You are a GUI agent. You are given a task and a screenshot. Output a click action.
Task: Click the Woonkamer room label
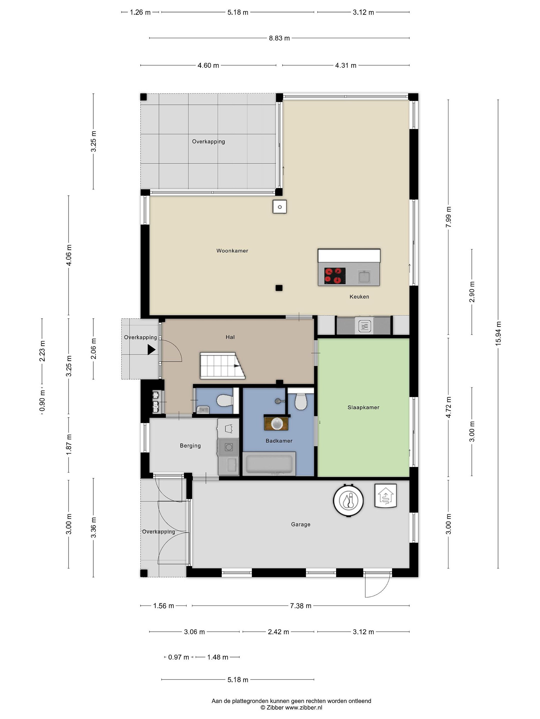pyautogui.click(x=232, y=251)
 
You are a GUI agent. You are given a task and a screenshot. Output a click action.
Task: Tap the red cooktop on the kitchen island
pyautogui.click(x=334, y=276)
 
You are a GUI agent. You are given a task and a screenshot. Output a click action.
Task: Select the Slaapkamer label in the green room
pyautogui.click(x=363, y=407)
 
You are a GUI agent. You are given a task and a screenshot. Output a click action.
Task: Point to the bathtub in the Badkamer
pyautogui.click(x=269, y=464)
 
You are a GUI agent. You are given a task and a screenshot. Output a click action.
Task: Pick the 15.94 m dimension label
pyautogui.click(x=498, y=334)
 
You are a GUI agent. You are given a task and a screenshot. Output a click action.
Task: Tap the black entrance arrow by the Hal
pyautogui.click(x=151, y=350)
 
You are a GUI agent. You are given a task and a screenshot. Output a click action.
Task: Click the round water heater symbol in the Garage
pyautogui.click(x=348, y=500)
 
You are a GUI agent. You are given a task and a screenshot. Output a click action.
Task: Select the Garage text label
pyautogui.click(x=300, y=524)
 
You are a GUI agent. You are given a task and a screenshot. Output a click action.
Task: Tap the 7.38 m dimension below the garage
pyautogui.click(x=300, y=606)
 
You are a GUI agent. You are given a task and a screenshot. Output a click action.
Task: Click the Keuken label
pyautogui.click(x=359, y=296)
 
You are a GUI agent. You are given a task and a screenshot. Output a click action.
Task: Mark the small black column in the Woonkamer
pyautogui.click(x=279, y=288)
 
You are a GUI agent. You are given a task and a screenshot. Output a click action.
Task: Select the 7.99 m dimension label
pyautogui.click(x=448, y=217)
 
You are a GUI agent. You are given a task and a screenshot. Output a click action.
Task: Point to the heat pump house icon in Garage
pyautogui.click(x=386, y=496)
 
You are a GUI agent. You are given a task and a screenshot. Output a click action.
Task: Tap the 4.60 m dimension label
pyautogui.click(x=208, y=65)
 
